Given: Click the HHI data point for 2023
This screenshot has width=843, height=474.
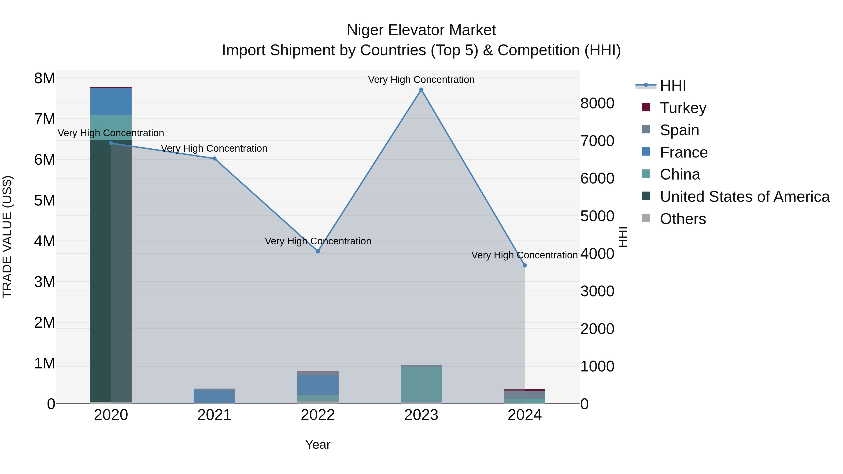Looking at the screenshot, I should click(421, 90).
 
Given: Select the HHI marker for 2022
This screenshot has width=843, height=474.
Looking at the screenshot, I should click(318, 251).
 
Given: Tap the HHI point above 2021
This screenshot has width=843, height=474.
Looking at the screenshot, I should click(214, 159).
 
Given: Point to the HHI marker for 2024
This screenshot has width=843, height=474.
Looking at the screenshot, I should click(525, 266).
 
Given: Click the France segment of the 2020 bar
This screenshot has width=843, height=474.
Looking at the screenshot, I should click(111, 101).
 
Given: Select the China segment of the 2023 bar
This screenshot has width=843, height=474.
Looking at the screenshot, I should click(421, 384).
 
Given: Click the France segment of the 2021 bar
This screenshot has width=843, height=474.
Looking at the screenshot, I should click(214, 397).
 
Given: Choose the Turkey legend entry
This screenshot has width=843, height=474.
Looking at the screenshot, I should click(683, 108).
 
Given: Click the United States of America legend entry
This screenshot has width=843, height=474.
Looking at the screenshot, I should click(744, 197).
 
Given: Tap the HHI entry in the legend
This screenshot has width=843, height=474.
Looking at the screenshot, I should click(673, 86).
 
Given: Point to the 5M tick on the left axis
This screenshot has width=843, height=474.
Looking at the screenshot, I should click(45, 201).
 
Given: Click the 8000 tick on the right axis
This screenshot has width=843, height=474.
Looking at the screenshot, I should click(597, 103).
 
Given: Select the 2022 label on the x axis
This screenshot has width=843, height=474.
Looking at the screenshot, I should click(318, 415).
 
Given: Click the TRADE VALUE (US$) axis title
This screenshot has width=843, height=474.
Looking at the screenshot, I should click(7, 237).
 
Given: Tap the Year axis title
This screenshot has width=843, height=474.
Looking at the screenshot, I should click(318, 445).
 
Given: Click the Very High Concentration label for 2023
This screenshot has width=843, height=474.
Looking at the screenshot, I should click(421, 80).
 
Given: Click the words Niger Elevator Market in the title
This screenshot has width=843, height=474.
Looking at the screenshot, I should click(421, 30).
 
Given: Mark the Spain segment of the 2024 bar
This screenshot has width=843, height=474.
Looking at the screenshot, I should click(525, 394).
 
